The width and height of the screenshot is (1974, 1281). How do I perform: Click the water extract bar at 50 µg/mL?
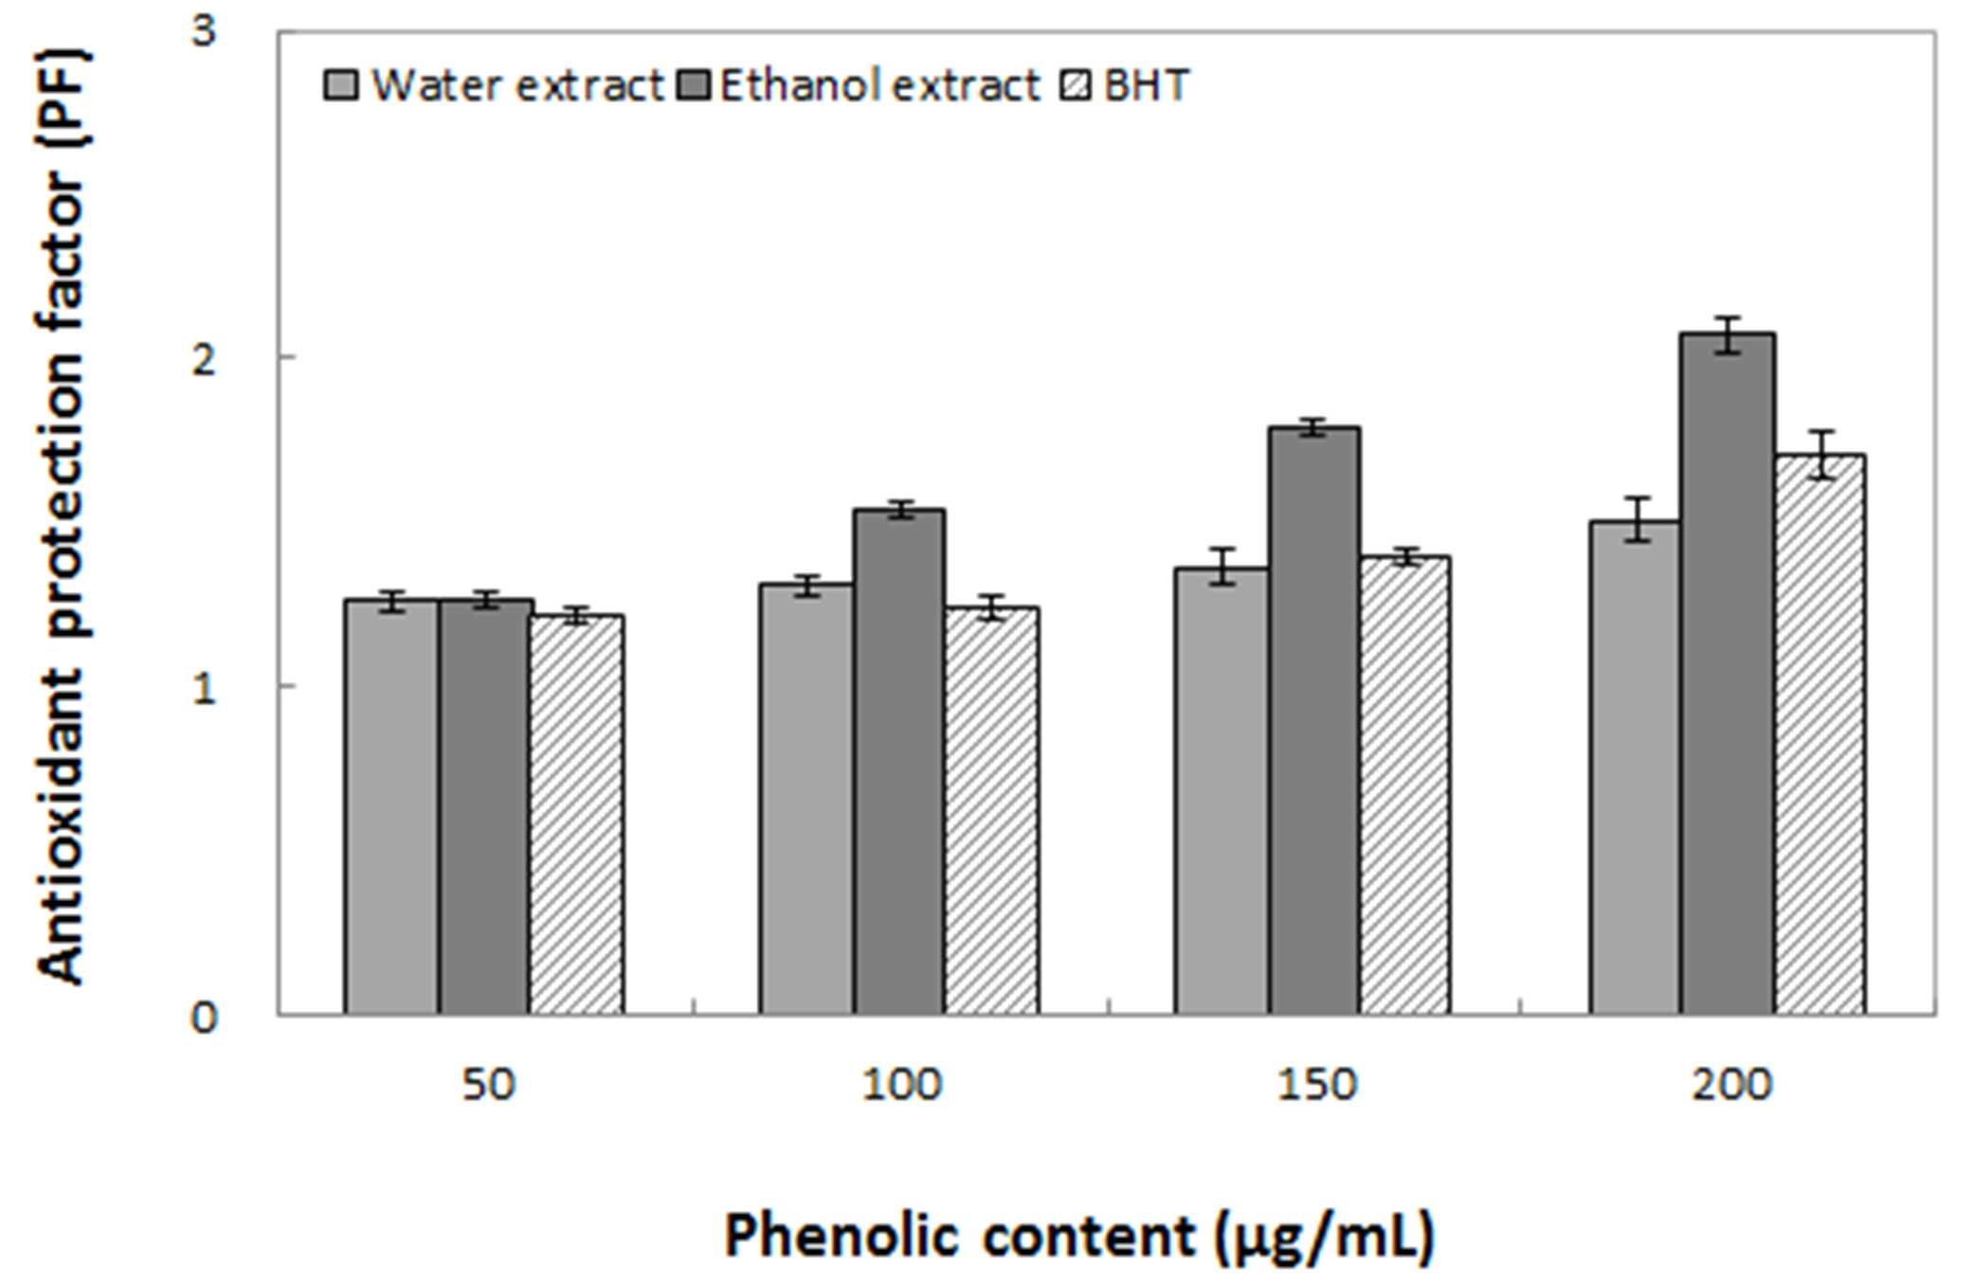391,806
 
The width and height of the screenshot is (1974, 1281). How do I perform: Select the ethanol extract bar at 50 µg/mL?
484,806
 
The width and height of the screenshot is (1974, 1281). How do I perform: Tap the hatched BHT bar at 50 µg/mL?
576,815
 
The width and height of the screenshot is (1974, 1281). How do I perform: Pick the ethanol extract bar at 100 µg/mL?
899,762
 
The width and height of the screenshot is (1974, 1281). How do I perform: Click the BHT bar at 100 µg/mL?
991,811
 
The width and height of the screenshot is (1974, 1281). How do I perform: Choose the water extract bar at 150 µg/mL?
1222,791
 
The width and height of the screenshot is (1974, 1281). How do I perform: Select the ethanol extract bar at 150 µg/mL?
1314,721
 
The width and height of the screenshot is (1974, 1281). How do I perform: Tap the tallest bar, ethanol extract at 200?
1729,674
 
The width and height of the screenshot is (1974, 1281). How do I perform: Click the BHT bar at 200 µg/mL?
1820,734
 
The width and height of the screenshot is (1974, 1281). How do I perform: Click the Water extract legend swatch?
341,85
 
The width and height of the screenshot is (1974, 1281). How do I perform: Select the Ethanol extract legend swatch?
696,85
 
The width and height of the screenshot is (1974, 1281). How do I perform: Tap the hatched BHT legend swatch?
1076,85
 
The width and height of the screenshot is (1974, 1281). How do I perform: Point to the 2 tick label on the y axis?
204,359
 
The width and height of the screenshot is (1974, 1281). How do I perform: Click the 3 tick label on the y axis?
204,32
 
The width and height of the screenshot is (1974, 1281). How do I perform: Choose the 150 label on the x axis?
1317,1084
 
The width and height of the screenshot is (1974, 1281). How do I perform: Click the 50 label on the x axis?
488,1084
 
